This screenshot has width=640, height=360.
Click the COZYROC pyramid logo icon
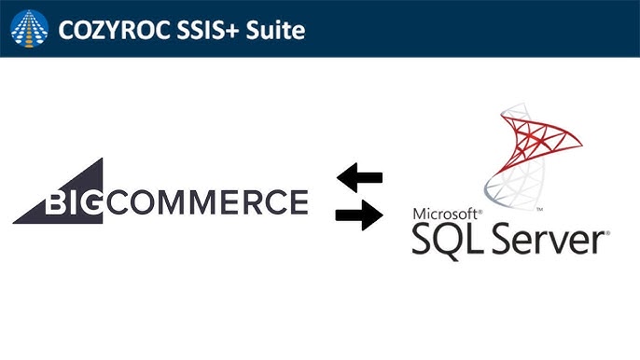pyautogui.click(x=29, y=28)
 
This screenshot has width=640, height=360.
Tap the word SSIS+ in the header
pyautogui.click(x=202, y=29)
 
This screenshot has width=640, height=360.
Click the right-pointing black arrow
pyautogui.click(x=359, y=216)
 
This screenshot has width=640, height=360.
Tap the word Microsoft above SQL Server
pyautogui.click(x=442, y=213)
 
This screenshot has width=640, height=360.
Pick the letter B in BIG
pyautogui.click(x=58, y=201)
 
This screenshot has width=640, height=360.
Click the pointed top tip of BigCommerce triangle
pyautogui.click(x=101, y=160)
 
